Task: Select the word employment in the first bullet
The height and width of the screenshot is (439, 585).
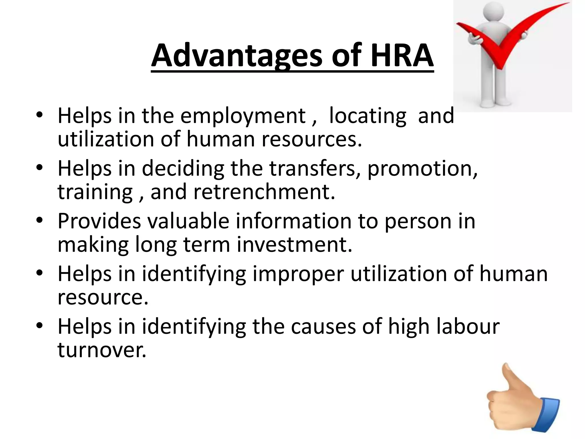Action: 243,116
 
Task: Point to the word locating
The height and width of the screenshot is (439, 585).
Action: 367,116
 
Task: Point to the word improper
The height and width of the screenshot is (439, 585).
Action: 298,274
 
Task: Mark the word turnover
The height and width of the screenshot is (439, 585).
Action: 102,350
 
